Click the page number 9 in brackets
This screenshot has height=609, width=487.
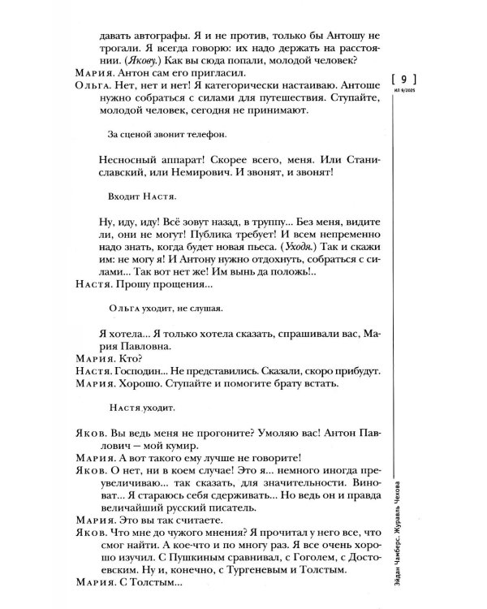[403, 79]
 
